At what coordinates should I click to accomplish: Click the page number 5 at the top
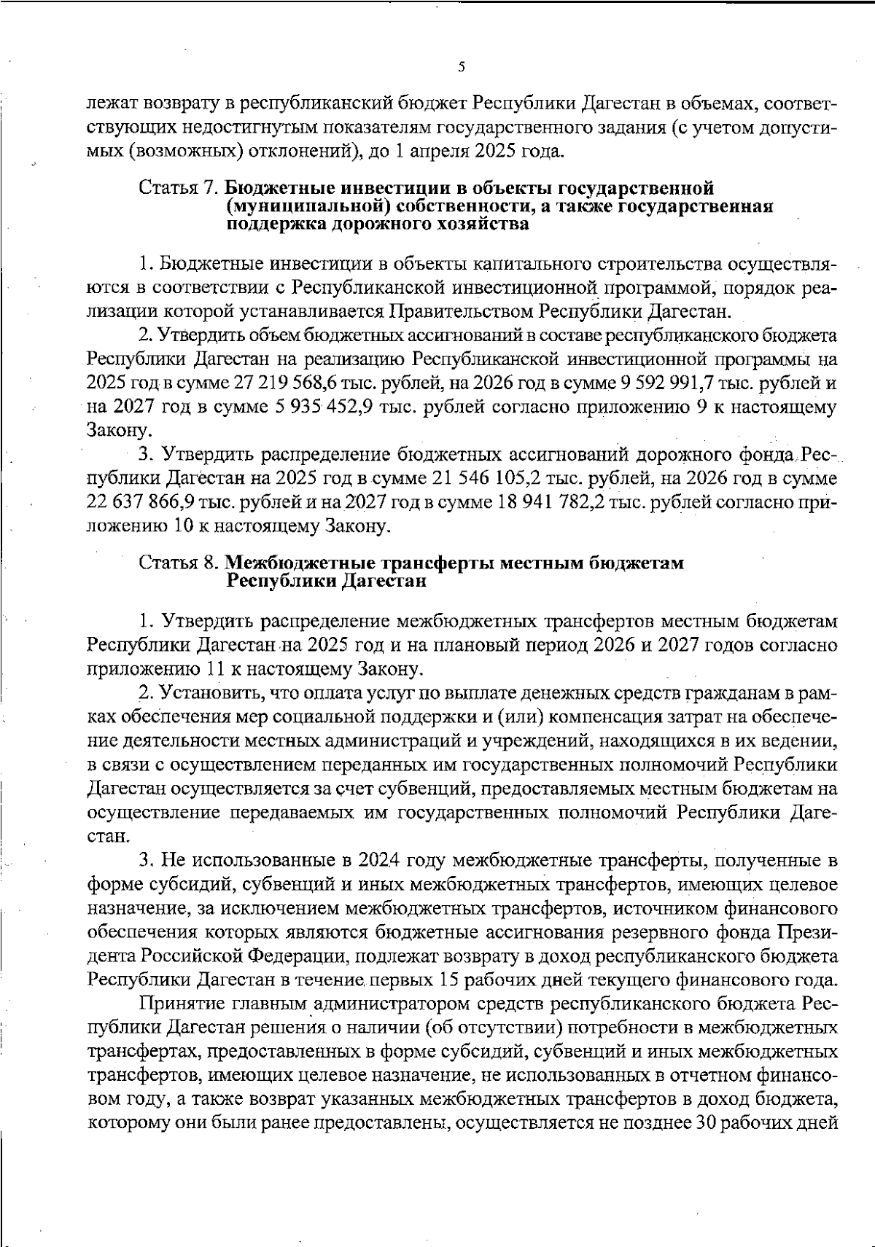[x=461, y=67]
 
